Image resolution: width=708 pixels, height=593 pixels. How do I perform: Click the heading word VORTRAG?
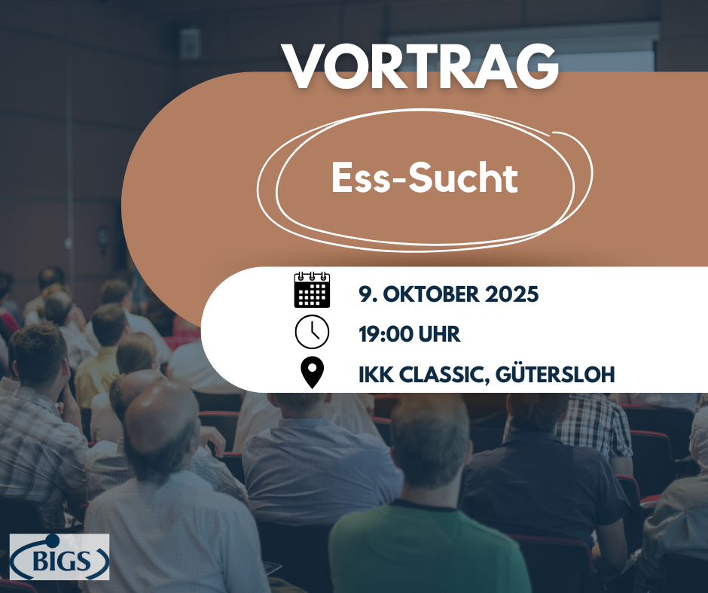click(421, 67)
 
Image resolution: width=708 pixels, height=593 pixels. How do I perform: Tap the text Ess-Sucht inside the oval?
click(425, 179)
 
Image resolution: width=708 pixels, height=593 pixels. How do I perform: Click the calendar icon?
click(312, 290)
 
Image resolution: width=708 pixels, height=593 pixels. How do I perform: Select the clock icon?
click(312, 332)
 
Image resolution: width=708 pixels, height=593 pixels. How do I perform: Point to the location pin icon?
click(312, 373)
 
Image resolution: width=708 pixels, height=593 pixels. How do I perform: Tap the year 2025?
click(515, 293)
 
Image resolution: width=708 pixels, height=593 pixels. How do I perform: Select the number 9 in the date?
click(365, 293)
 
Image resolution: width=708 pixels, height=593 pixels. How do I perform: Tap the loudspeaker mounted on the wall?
click(190, 44)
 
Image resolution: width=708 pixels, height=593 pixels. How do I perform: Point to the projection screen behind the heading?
click(603, 53)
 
